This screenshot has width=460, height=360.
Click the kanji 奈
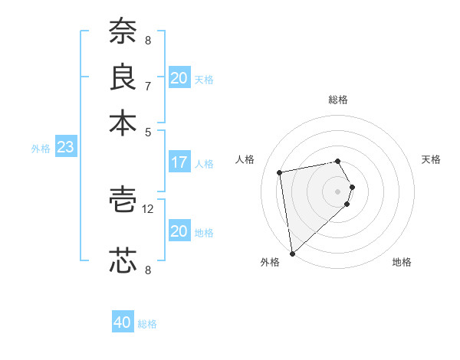(x=123, y=31)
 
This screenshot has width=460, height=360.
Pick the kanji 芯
(x=123, y=260)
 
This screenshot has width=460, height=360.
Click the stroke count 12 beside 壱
(x=149, y=208)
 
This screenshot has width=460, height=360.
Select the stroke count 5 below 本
(x=147, y=131)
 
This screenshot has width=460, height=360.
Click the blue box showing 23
(x=65, y=147)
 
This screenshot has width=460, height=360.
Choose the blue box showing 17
(x=179, y=162)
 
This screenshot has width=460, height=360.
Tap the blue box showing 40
(x=123, y=322)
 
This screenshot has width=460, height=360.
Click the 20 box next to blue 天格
(x=179, y=78)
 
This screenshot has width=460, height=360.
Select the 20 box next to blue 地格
(x=179, y=231)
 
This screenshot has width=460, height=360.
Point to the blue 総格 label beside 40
(x=147, y=324)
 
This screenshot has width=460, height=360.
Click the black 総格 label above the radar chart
(x=338, y=100)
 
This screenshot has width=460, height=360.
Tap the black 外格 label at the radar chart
(x=270, y=262)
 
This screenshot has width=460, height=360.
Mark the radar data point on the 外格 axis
(x=292, y=254)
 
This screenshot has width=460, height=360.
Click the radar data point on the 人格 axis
(x=281, y=172)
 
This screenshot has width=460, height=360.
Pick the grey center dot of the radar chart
(x=337, y=191)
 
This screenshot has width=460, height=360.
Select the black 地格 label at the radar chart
(x=402, y=262)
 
